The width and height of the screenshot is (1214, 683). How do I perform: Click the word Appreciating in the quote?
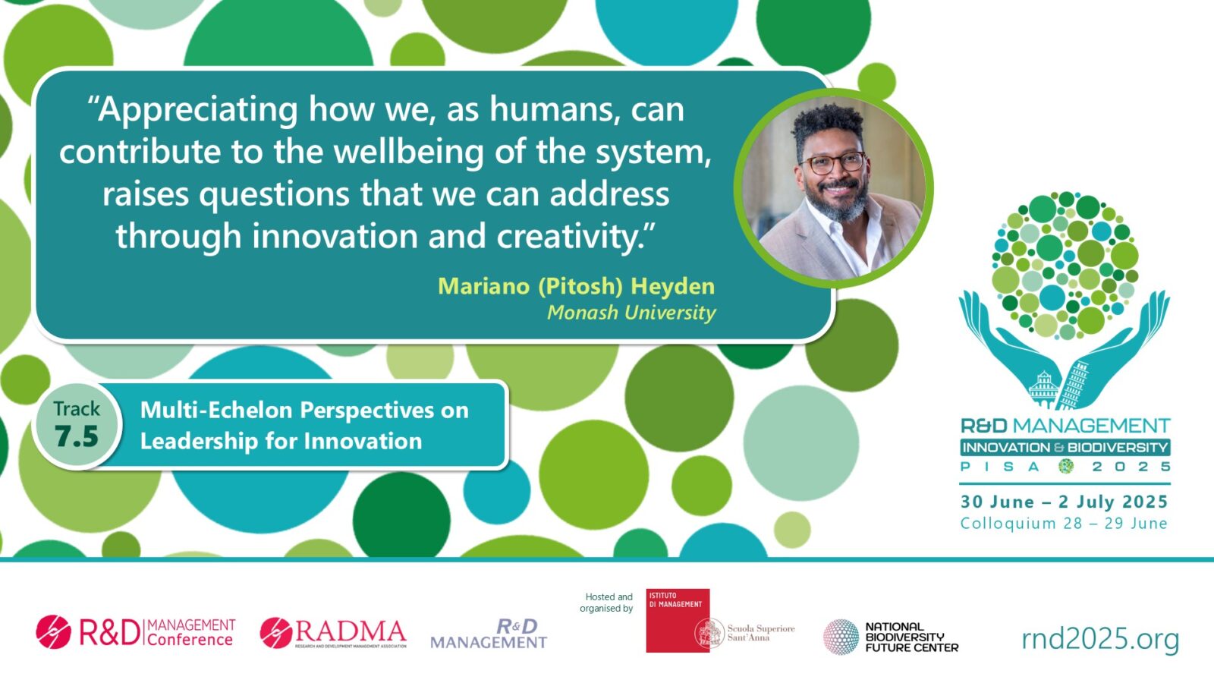[x=199, y=111]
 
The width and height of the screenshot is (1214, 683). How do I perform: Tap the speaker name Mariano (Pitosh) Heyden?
[x=576, y=286]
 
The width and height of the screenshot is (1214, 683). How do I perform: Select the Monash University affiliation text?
[x=631, y=313]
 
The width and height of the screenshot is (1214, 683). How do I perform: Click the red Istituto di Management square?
[x=677, y=619]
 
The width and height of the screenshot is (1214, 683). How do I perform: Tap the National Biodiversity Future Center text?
[x=910, y=637]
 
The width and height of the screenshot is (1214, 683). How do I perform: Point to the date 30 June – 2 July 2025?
[x=1064, y=502]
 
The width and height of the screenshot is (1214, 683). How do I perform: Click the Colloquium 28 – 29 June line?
[x=1064, y=524]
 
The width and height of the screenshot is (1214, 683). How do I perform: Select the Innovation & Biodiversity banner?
[x=1065, y=448]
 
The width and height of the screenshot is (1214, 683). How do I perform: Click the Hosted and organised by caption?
[x=607, y=603]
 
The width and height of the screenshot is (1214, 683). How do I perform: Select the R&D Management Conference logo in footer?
[x=135, y=632]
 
